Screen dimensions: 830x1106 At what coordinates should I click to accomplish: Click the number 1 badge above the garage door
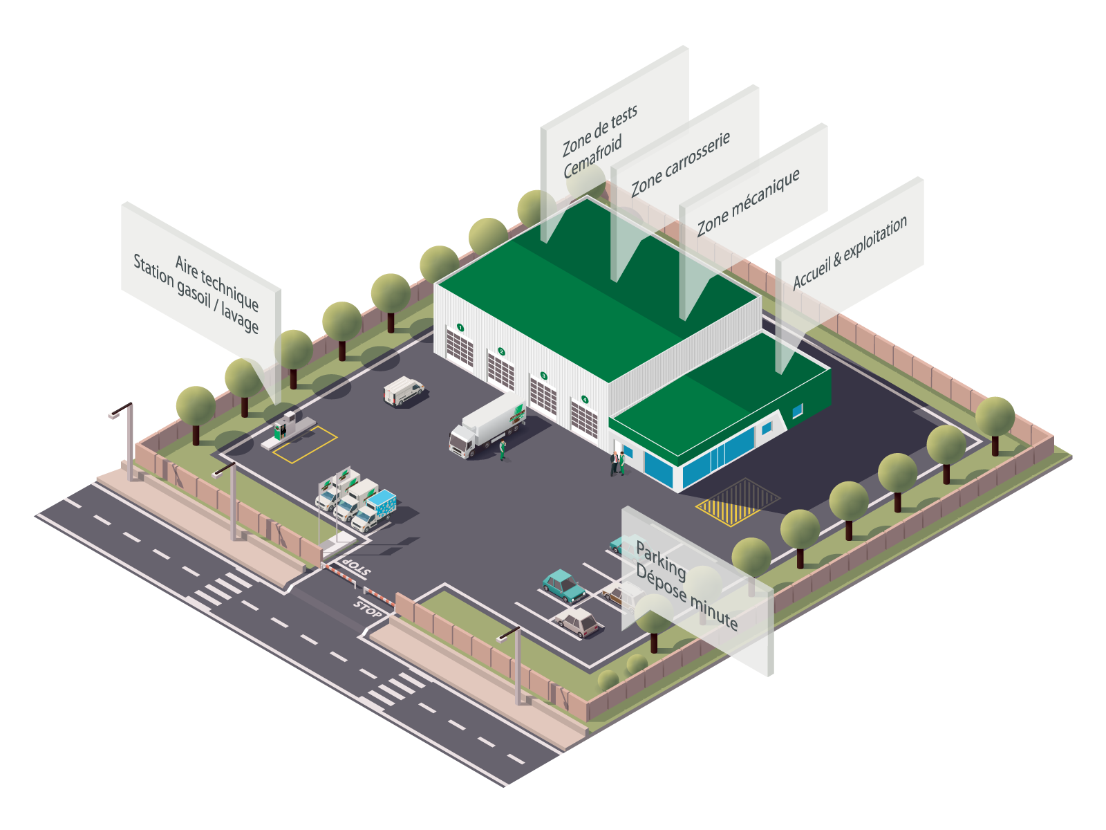click(x=460, y=327)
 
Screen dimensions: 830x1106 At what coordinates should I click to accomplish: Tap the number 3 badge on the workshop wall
click(x=543, y=376)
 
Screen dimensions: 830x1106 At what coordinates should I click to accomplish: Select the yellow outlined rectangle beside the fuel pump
click(x=305, y=444)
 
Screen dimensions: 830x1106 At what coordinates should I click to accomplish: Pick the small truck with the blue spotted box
click(x=376, y=509)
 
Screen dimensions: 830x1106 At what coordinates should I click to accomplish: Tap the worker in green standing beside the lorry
click(x=503, y=450)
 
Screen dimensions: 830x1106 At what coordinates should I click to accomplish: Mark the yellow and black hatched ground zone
click(x=737, y=501)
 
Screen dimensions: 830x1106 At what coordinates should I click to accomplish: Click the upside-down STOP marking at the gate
click(x=355, y=568)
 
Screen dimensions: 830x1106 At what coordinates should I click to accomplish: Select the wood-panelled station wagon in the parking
click(x=615, y=593)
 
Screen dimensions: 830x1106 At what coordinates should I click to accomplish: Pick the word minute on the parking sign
click(x=714, y=609)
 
